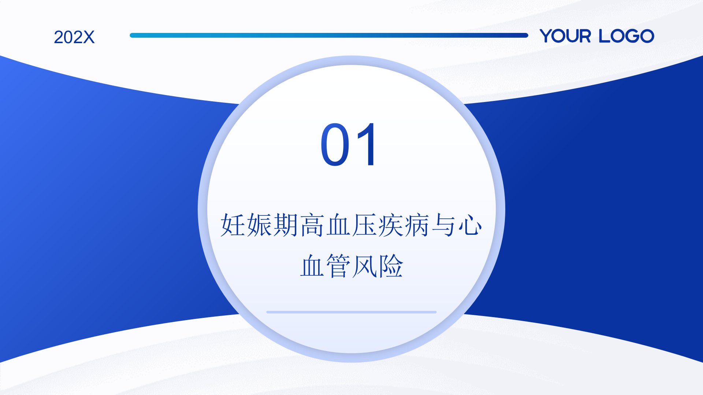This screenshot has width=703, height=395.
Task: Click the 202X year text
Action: tap(74, 37)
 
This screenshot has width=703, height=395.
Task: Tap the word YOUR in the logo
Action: tap(565, 36)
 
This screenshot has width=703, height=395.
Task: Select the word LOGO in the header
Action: tap(626, 36)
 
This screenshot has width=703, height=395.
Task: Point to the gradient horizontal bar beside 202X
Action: tap(329, 35)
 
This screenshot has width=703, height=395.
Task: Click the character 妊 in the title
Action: tap(233, 225)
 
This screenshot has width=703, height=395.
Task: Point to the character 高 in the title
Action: tap(312, 225)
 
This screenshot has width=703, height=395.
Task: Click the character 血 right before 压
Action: tap(338, 225)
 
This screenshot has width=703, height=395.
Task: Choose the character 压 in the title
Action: tap(365, 225)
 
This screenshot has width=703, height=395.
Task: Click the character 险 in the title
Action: tap(391, 266)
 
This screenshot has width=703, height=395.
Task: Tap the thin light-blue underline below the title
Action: tap(351, 312)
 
